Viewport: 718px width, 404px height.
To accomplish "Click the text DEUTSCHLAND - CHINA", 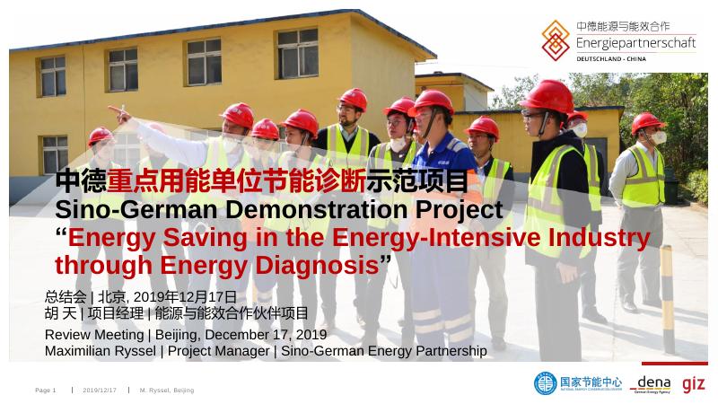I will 611,58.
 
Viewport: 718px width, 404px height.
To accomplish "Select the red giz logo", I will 693,383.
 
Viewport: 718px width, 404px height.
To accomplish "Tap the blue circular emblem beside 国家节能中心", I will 545,383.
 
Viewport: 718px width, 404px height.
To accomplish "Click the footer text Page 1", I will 46,391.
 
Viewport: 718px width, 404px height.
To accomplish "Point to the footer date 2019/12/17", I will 100,391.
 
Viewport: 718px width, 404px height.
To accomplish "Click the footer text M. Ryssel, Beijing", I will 166,391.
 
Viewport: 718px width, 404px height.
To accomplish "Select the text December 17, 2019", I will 270,335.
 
